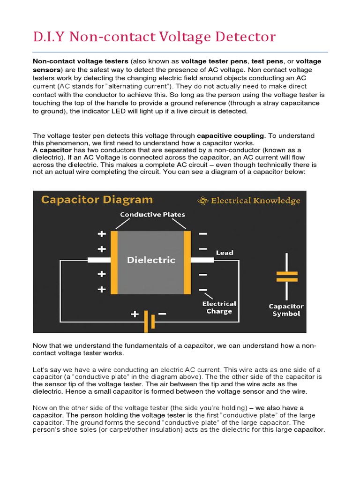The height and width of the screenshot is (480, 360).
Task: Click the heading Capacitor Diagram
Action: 97,200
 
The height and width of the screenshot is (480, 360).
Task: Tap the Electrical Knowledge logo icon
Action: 202,201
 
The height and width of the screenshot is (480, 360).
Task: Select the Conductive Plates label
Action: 152,215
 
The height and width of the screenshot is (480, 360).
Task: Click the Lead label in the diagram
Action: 224,253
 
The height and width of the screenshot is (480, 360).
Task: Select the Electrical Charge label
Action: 219,307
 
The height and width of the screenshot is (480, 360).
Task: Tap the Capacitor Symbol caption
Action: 286,310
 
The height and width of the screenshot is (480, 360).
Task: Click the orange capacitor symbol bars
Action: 286,276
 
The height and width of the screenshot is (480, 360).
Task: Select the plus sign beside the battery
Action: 135,314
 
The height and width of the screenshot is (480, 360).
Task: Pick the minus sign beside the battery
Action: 162,314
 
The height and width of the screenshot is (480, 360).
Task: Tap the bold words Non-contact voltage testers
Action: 80,61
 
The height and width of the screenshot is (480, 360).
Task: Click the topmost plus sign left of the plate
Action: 101,233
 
